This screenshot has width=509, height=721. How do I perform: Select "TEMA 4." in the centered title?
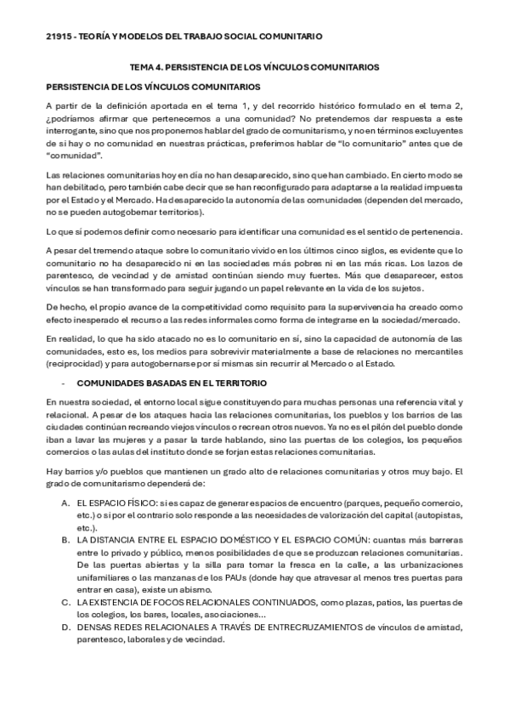tap(147, 66)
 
